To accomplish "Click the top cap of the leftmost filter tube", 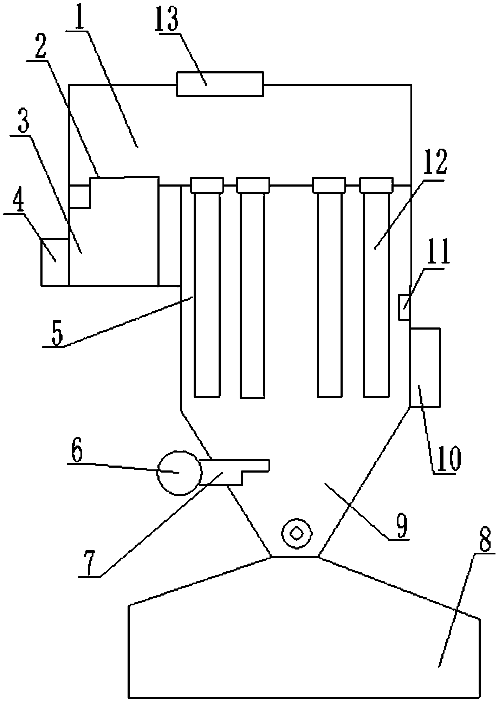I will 207,185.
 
